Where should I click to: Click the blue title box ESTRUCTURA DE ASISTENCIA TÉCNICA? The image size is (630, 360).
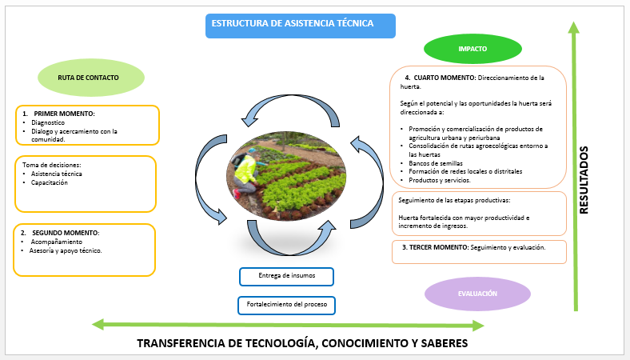pos(301,26)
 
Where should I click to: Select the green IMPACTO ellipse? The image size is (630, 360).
pos(472,49)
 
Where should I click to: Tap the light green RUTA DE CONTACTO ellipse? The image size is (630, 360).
pos(91,78)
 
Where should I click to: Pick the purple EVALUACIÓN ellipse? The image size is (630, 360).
pos(477,294)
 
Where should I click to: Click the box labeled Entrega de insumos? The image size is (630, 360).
pos(286,276)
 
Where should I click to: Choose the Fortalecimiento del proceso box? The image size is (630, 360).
pos(286,306)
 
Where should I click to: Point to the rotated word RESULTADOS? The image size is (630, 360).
pos(584,180)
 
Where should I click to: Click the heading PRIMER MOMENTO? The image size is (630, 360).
pos(64,114)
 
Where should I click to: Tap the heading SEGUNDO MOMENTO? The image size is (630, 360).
pos(65,233)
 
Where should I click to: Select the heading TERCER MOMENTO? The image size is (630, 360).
pos(439,247)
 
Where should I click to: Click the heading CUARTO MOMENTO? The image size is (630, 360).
pos(445,78)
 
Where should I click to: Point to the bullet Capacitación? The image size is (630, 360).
pos(50,182)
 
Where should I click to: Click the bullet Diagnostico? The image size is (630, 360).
pos(48,122)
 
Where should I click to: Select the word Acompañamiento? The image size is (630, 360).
pos(57,242)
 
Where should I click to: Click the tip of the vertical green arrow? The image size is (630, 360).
pos(574,22)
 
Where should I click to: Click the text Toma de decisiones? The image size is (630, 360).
pos(51,165)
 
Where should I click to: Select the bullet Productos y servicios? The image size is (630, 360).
pos(440,180)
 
